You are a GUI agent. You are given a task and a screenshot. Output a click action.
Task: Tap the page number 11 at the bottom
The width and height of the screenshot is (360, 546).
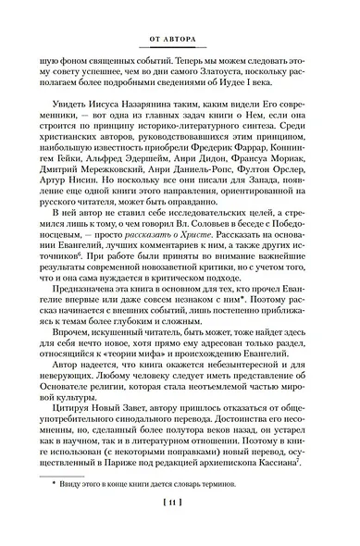(179, 528)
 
